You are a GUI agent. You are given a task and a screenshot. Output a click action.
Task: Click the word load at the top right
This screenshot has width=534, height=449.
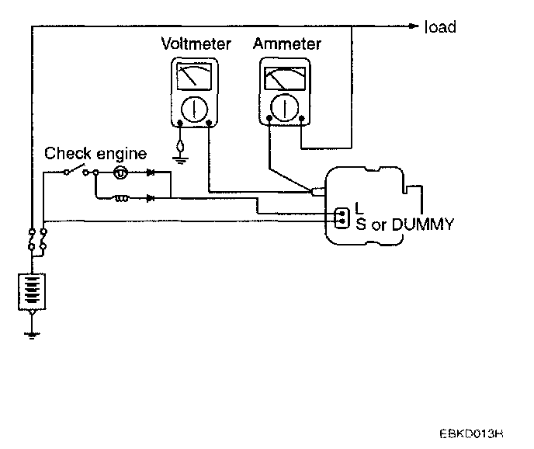click(440, 27)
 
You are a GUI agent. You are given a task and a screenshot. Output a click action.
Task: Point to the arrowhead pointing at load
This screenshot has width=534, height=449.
click(416, 26)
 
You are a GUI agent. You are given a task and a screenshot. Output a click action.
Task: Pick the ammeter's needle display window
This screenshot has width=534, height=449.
click(285, 79)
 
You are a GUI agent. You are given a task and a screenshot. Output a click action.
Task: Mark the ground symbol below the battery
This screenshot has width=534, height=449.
click(31, 334)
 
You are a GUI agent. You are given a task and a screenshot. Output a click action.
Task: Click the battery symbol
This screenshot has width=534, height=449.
click(31, 291)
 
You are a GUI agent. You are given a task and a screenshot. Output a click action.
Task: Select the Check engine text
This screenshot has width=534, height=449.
click(95, 154)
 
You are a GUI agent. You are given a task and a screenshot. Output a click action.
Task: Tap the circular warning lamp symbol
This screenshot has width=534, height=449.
click(121, 172)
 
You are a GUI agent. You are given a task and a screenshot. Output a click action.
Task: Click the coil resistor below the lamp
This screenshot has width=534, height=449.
click(122, 198)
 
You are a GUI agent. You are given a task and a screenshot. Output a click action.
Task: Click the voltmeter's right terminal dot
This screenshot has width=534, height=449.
click(209, 124)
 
